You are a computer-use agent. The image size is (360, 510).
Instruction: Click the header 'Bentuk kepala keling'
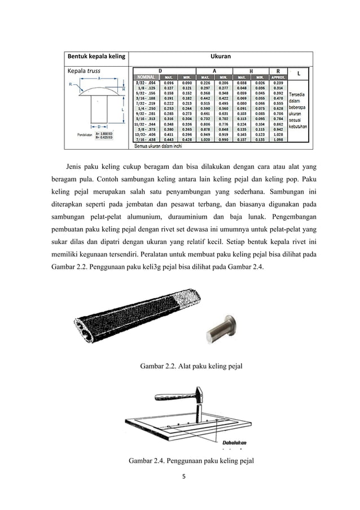tap(94, 57)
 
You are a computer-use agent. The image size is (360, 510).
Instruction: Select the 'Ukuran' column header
tap(219, 57)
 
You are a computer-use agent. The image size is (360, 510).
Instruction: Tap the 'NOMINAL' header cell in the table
tap(147, 77)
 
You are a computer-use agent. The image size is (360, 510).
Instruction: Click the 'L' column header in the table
tap(298, 73)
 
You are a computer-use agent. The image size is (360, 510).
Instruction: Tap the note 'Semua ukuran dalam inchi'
tap(159, 146)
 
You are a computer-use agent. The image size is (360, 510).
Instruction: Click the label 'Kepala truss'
tap(84, 72)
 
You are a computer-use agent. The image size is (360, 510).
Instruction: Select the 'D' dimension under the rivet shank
tap(99, 127)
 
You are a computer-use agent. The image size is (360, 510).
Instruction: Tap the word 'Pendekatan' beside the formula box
tap(86, 134)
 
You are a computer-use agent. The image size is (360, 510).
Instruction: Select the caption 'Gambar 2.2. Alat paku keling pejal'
tap(191, 365)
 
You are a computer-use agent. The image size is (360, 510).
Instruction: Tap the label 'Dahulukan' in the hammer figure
tap(234, 442)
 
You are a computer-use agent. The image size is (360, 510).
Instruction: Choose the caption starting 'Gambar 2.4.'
tap(191, 461)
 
